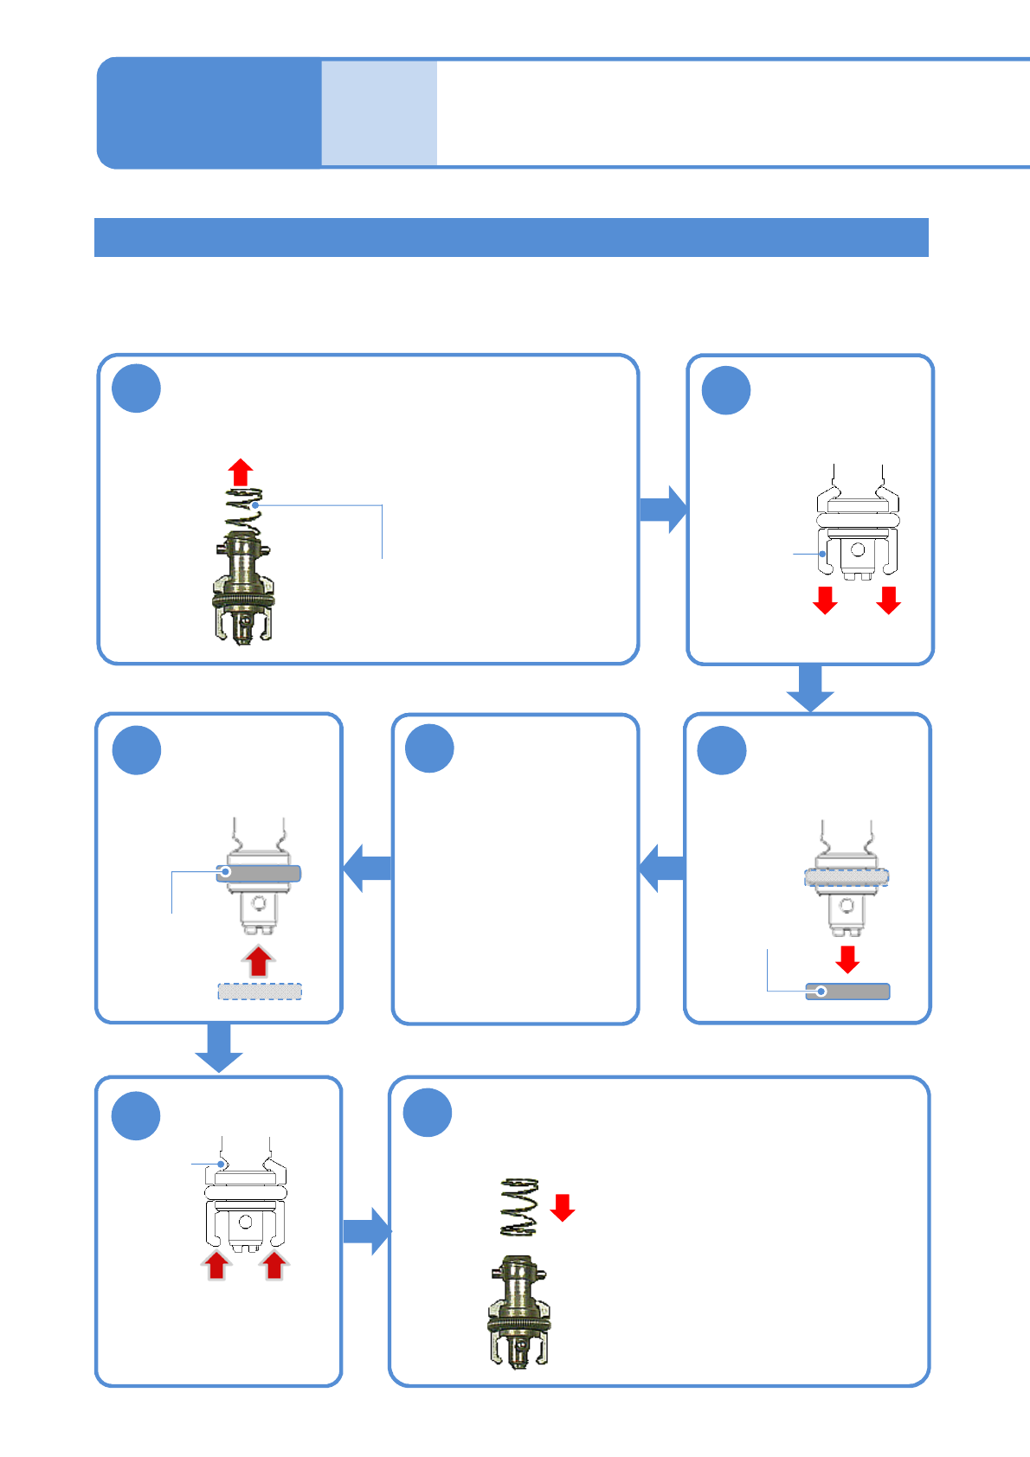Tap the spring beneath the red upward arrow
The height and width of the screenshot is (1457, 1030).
click(243, 512)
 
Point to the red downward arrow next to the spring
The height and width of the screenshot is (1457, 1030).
click(563, 1207)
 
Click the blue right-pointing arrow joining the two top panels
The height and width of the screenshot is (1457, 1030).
click(663, 510)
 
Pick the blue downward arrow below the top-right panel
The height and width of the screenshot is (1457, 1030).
click(810, 689)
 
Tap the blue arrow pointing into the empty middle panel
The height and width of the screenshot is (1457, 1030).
click(662, 868)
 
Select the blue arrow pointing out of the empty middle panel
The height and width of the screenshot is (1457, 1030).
click(368, 868)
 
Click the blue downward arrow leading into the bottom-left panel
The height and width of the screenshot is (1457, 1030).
click(218, 1048)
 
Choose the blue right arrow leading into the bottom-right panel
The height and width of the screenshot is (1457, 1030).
click(367, 1231)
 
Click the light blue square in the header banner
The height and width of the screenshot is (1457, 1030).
click(379, 112)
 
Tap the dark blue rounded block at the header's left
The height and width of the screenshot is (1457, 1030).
click(209, 112)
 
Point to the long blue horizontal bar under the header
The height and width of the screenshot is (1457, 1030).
click(511, 237)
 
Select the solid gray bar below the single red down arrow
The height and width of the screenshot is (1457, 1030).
click(847, 992)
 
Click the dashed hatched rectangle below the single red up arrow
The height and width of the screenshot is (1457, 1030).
click(260, 992)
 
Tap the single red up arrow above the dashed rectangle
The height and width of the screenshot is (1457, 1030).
click(258, 961)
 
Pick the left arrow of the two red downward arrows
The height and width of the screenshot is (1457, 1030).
click(825, 600)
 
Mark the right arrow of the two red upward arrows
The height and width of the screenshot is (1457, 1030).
click(274, 1265)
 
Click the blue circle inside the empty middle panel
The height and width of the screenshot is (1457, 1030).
click(430, 748)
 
